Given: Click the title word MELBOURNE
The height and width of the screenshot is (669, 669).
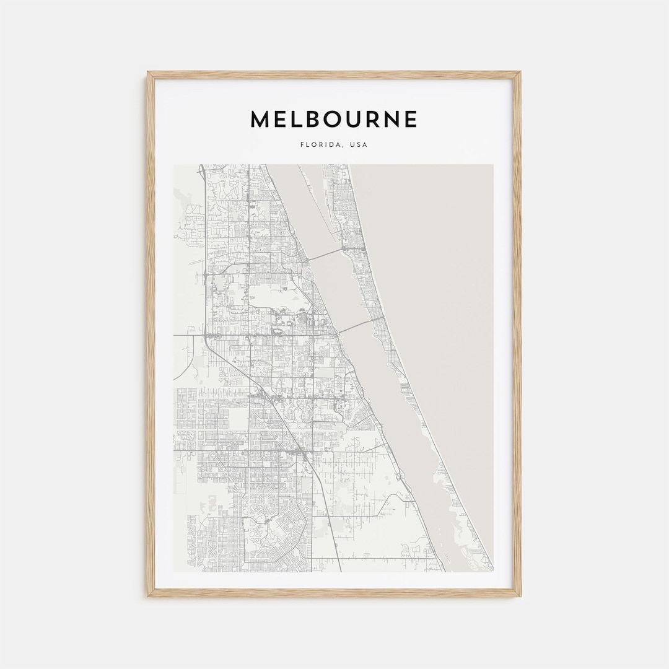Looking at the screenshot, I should (334, 119).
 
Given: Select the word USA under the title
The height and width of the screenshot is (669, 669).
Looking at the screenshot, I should (359, 145).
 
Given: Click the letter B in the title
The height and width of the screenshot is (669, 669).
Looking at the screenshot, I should (303, 119).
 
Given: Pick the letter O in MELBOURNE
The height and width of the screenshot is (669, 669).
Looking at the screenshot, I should (325, 119).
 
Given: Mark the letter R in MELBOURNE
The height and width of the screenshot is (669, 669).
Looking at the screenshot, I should (369, 119).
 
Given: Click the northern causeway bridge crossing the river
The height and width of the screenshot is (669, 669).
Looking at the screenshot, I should (325, 255).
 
